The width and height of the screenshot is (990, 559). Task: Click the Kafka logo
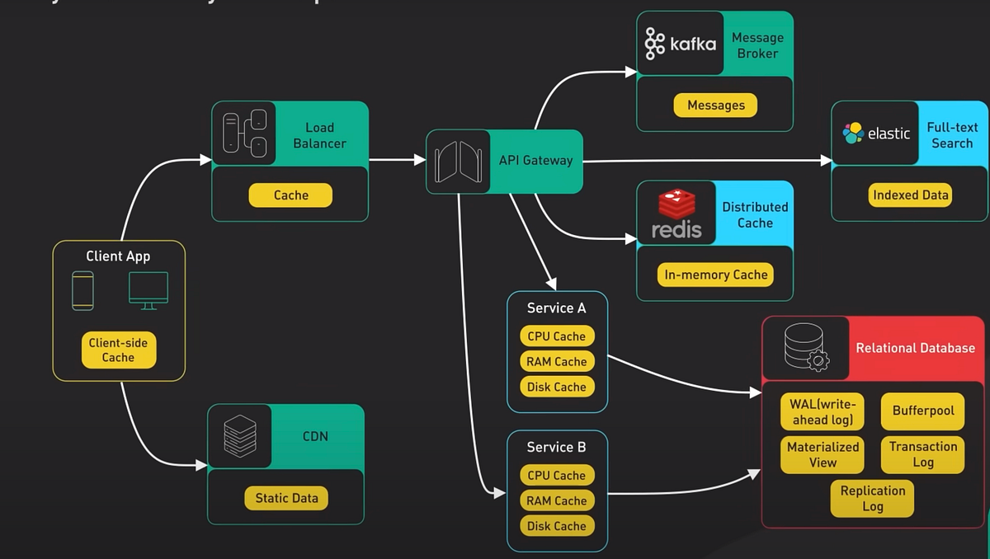click(680, 44)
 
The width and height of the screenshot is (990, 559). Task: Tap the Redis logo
click(676, 214)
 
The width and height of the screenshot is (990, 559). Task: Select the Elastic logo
click(876, 133)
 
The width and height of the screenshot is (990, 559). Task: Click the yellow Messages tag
click(715, 106)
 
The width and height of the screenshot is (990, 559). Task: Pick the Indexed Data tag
click(910, 195)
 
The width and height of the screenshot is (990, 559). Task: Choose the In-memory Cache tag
click(715, 275)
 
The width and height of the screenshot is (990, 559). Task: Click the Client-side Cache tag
click(118, 350)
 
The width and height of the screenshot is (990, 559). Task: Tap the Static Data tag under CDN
click(286, 498)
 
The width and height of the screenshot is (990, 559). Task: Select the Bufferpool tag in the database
click(922, 411)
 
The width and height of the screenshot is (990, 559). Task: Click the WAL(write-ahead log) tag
click(822, 411)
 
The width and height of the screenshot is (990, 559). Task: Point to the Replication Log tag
click(872, 498)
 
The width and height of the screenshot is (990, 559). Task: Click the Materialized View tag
click(822, 454)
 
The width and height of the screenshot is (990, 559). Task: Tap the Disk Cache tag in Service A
click(557, 387)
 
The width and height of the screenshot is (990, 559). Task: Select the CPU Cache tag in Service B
click(557, 475)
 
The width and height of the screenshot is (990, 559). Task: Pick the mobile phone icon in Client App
click(82, 290)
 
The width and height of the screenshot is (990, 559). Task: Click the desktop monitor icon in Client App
click(148, 290)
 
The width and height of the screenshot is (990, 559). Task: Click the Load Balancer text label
click(319, 135)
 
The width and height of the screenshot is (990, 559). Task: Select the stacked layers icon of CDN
click(240, 436)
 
